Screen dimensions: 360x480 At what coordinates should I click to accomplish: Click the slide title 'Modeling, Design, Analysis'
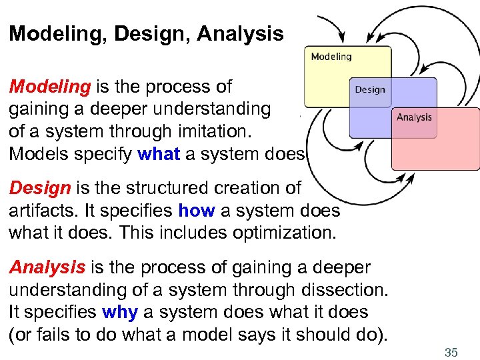pyautogui.click(x=146, y=34)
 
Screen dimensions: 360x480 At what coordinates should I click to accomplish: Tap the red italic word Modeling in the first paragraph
pyautogui.click(x=50, y=87)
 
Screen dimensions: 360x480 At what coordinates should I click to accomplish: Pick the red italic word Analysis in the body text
pyautogui.click(x=47, y=268)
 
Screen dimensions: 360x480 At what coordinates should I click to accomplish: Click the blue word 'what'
pyautogui.click(x=159, y=154)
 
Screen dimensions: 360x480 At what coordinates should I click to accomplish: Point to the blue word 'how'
pyautogui.click(x=196, y=211)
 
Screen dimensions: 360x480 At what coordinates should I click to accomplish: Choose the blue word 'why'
pyautogui.click(x=119, y=313)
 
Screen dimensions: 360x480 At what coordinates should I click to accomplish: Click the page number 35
pyautogui.click(x=451, y=352)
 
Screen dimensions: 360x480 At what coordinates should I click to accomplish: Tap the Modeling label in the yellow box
pyautogui.click(x=331, y=57)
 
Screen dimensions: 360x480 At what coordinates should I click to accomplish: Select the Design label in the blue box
pyautogui.click(x=369, y=89)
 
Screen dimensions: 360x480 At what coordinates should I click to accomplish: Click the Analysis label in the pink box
pyautogui.click(x=414, y=117)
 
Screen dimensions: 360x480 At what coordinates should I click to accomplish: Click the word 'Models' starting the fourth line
pyautogui.click(x=37, y=154)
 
